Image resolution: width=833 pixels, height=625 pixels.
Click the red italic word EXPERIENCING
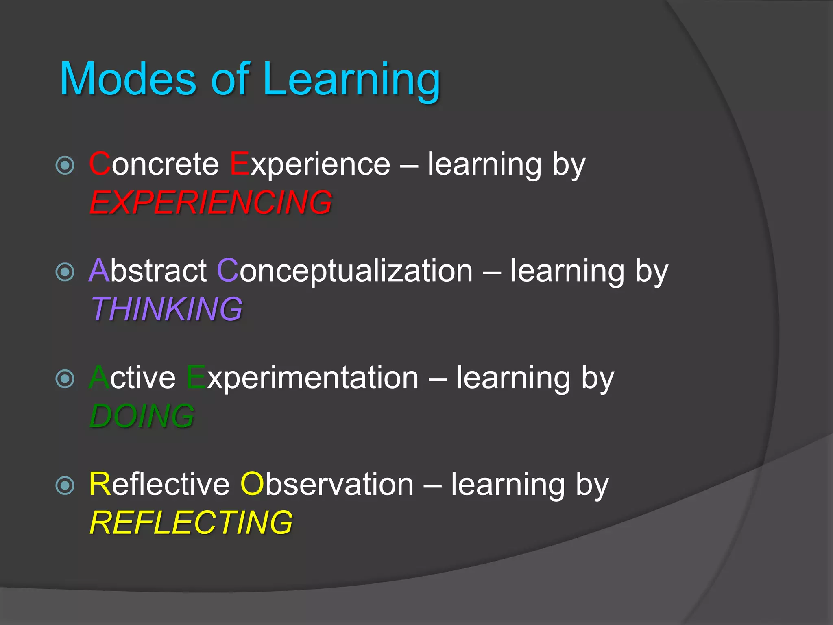click(x=211, y=203)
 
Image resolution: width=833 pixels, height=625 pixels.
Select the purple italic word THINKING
click(x=166, y=309)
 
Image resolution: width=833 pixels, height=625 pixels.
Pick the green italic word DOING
click(x=142, y=416)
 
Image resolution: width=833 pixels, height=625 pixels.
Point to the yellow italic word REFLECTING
click(x=191, y=523)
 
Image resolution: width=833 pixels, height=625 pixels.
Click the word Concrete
click(x=154, y=164)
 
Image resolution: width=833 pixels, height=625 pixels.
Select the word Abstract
click(x=148, y=271)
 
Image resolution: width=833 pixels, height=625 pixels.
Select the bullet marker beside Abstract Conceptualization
click(x=65, y=272)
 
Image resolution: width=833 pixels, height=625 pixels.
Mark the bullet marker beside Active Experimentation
click(x=65, y=379)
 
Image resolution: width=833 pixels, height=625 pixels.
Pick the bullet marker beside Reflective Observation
click(x=65, y=486)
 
